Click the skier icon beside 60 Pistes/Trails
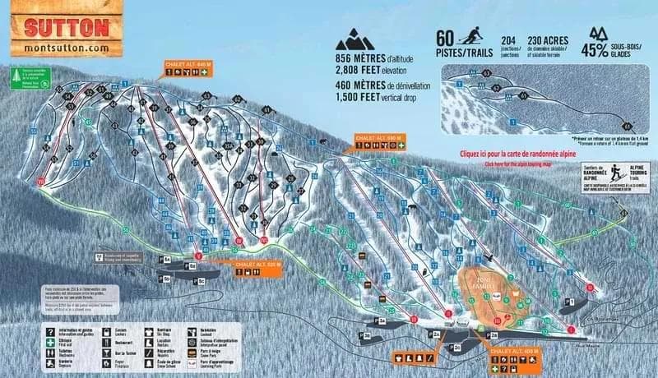pyautogui.click(x=471, y=36)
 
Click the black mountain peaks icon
pyautogui.click(x=355, y=40)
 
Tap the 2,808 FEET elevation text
pyautogui.click(x=367, y=71)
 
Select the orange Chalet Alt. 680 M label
pyautogui.click(x=378, y=137)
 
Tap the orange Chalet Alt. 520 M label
pyautogui.click(x=258, y=265)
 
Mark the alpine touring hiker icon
pyautogui.click(x=615, y=171)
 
